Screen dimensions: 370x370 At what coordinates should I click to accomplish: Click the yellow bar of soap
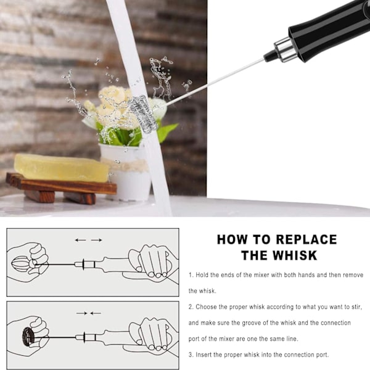pos(61,168)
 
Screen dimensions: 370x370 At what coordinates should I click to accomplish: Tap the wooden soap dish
pos(61,188)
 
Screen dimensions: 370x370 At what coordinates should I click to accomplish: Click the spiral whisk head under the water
pos(144,113)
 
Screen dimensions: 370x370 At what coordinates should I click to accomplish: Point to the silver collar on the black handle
pos(285,50)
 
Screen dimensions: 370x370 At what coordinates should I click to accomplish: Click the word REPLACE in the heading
pos(306,239)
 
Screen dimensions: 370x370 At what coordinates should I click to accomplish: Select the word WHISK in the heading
pos(295,255)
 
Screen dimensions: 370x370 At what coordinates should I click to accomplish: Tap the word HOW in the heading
pos(232,239)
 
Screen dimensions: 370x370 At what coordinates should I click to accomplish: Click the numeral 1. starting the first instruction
pos(191,275)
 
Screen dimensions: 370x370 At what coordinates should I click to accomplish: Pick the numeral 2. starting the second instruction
pos(191,307)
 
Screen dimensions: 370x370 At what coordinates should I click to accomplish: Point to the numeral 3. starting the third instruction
pos(191,355)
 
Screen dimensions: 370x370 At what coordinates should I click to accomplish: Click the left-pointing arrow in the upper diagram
pos(80,240)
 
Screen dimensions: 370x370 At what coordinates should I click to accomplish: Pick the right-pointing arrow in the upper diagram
pos(97,240)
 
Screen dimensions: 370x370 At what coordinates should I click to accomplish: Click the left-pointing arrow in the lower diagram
pos(96,313)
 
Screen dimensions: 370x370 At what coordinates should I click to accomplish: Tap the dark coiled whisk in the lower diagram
pos(28,337)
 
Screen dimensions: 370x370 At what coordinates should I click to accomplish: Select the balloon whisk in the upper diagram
pos(21,265)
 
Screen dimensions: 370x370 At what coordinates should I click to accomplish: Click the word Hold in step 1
pos(204,275)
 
